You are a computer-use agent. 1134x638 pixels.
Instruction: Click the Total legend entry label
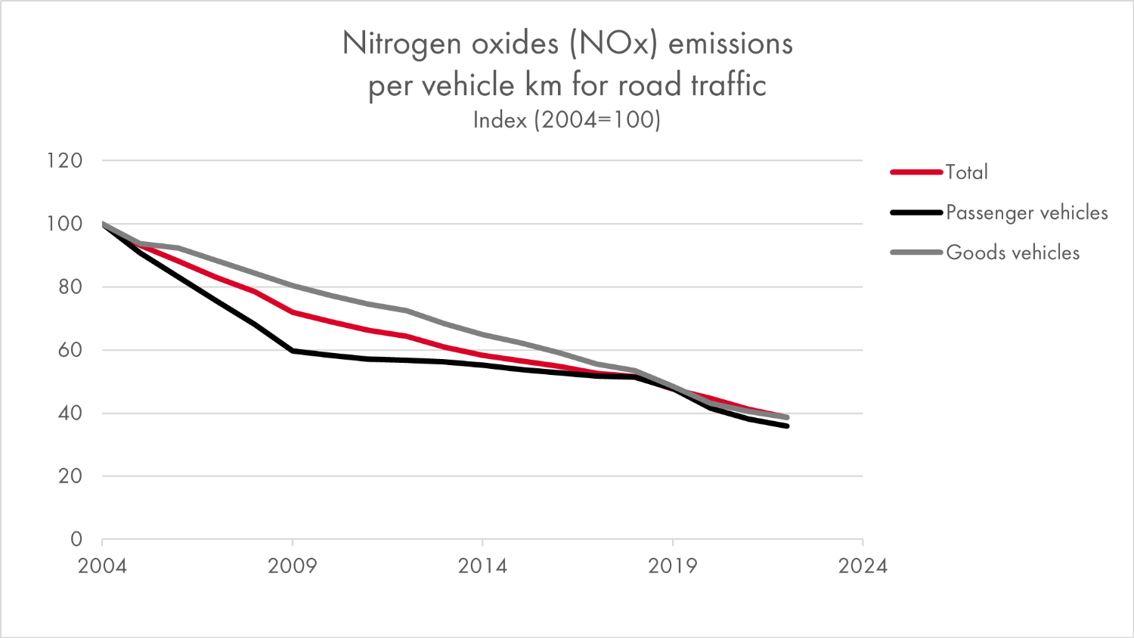point(967,172)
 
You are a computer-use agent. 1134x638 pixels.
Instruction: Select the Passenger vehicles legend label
point(1027,213)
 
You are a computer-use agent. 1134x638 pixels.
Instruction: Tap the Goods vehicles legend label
point(1012,252)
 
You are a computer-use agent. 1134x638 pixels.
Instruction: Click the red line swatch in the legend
point(916,172)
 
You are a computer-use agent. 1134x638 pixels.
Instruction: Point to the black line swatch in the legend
point(916,212)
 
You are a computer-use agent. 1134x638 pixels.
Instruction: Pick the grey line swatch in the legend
point(916,252)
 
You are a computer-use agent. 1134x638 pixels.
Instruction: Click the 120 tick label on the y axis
point(64,160)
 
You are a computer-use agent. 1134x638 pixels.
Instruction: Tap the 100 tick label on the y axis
point(64,224)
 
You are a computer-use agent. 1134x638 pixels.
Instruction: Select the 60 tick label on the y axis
point(70,350)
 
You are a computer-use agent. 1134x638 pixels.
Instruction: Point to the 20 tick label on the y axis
point(70,476)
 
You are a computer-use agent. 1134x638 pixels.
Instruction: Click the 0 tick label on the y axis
point(76,539)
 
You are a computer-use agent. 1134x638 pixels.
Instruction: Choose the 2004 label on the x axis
point(102,566)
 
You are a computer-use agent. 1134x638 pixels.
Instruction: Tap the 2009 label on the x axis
point(293,566)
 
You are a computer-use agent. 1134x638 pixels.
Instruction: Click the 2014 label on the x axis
point(482,566)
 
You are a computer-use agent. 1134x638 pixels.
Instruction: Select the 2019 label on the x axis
point(673,566)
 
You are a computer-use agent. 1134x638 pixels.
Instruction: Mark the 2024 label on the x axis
point(863,566)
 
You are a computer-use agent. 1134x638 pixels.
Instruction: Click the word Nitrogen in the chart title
point(401,44)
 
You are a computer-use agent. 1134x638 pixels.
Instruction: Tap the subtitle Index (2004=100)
point(567,119)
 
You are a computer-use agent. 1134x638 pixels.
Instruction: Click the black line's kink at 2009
point(293,351)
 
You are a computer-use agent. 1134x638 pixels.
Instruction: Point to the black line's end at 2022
point(787,426)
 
